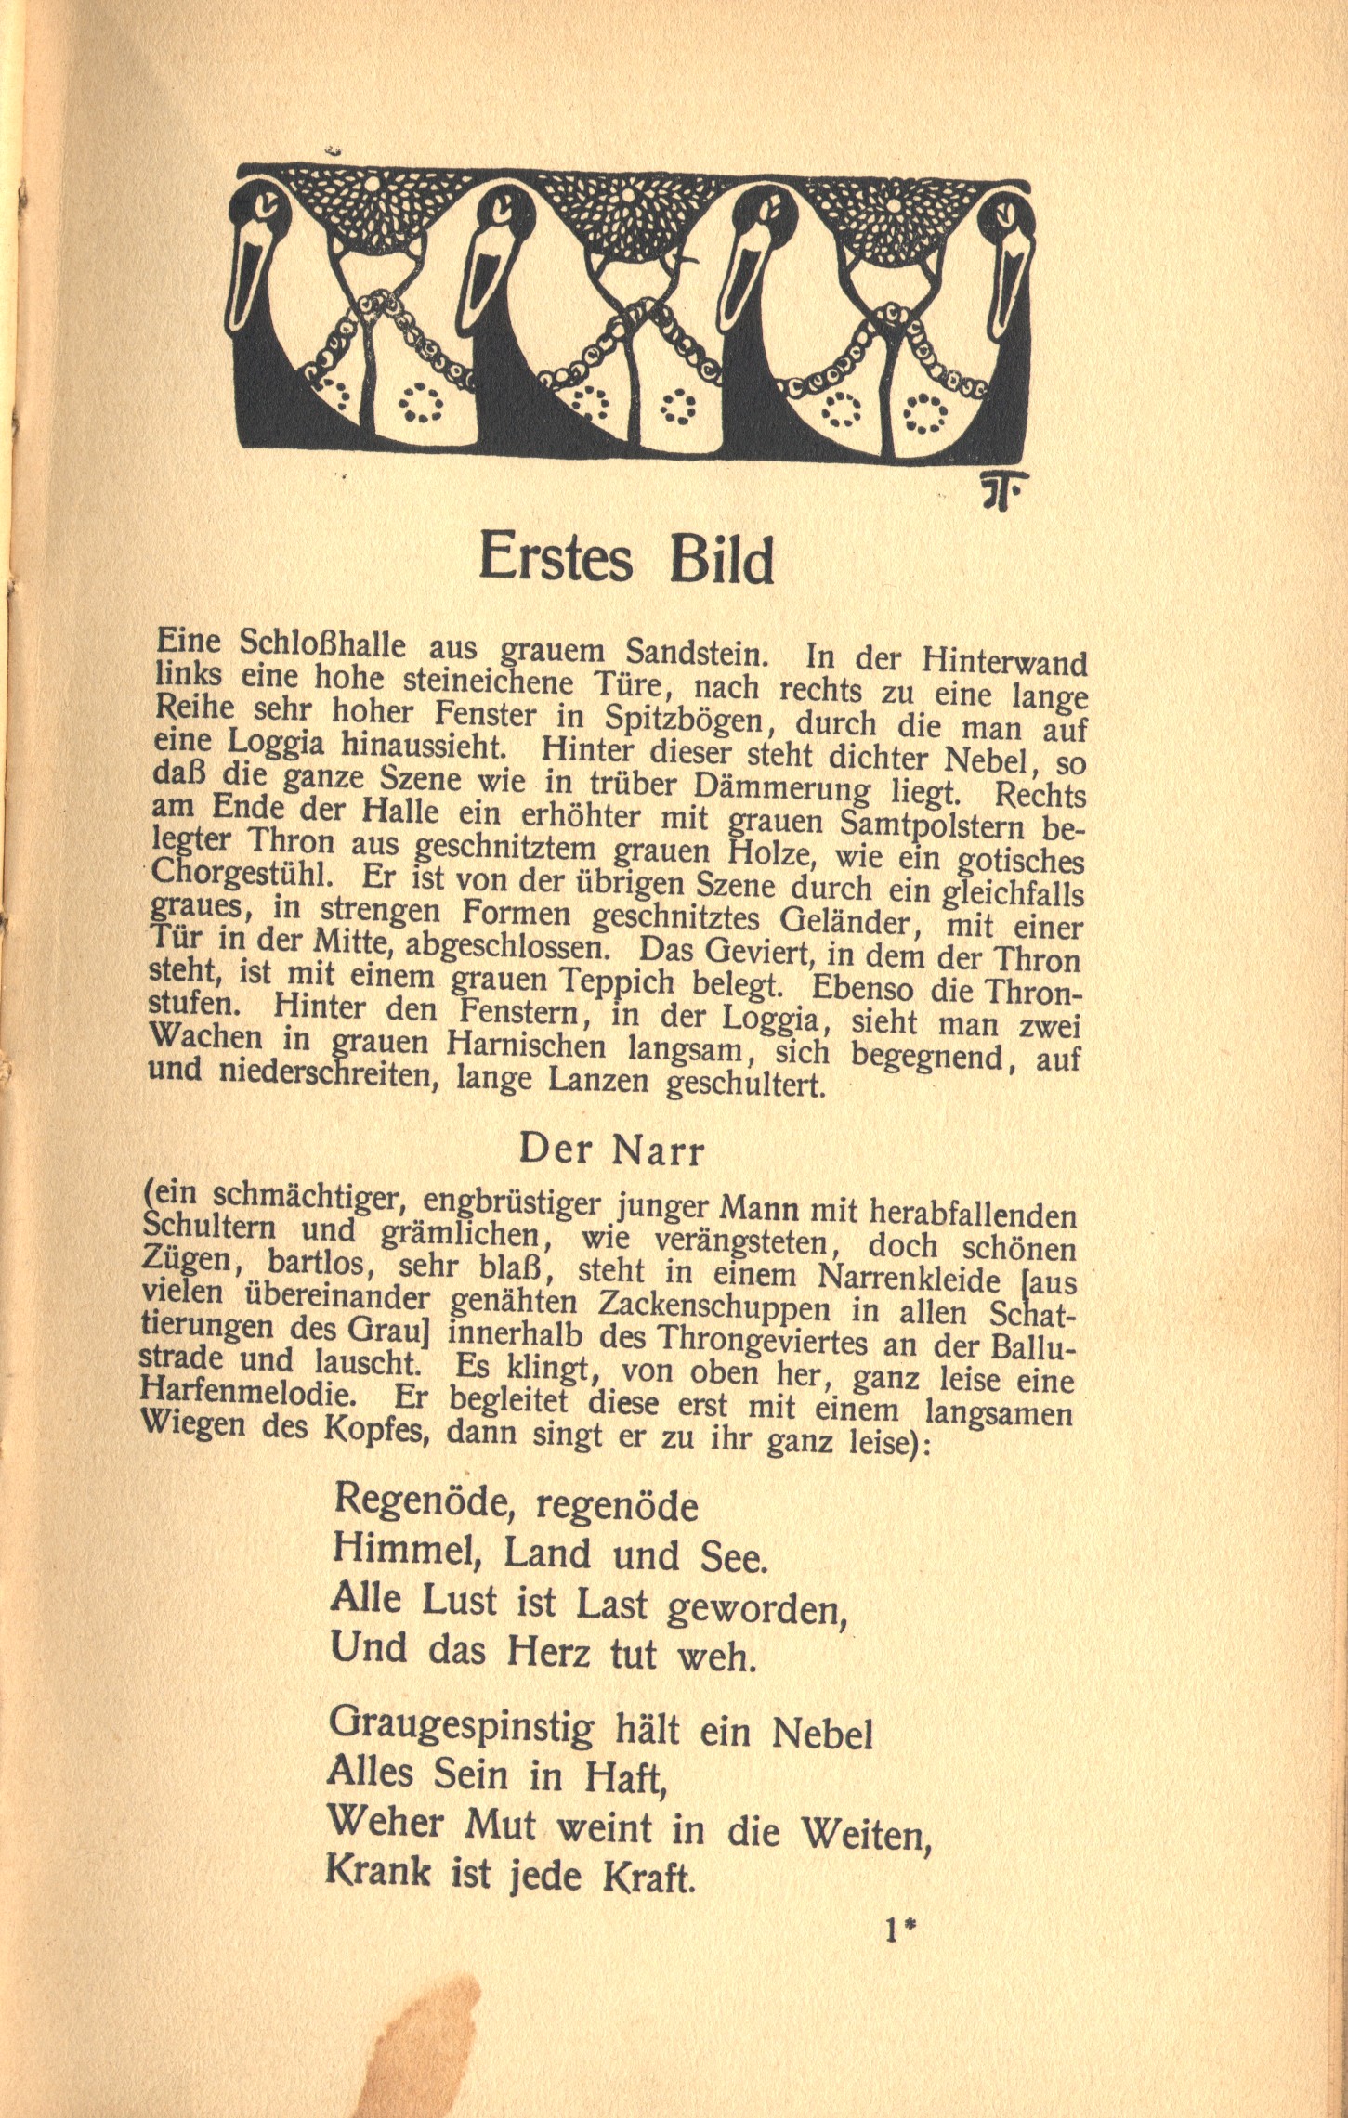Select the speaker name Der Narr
[612, 1150]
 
